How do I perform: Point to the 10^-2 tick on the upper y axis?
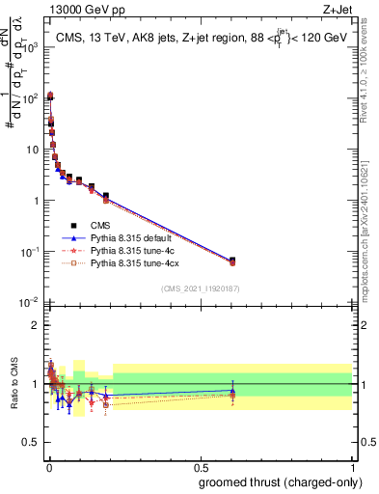30,303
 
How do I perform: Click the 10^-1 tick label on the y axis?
30,252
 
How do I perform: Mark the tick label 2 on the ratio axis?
36,325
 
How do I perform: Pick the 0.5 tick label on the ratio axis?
32,444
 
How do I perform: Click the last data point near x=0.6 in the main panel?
232,261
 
